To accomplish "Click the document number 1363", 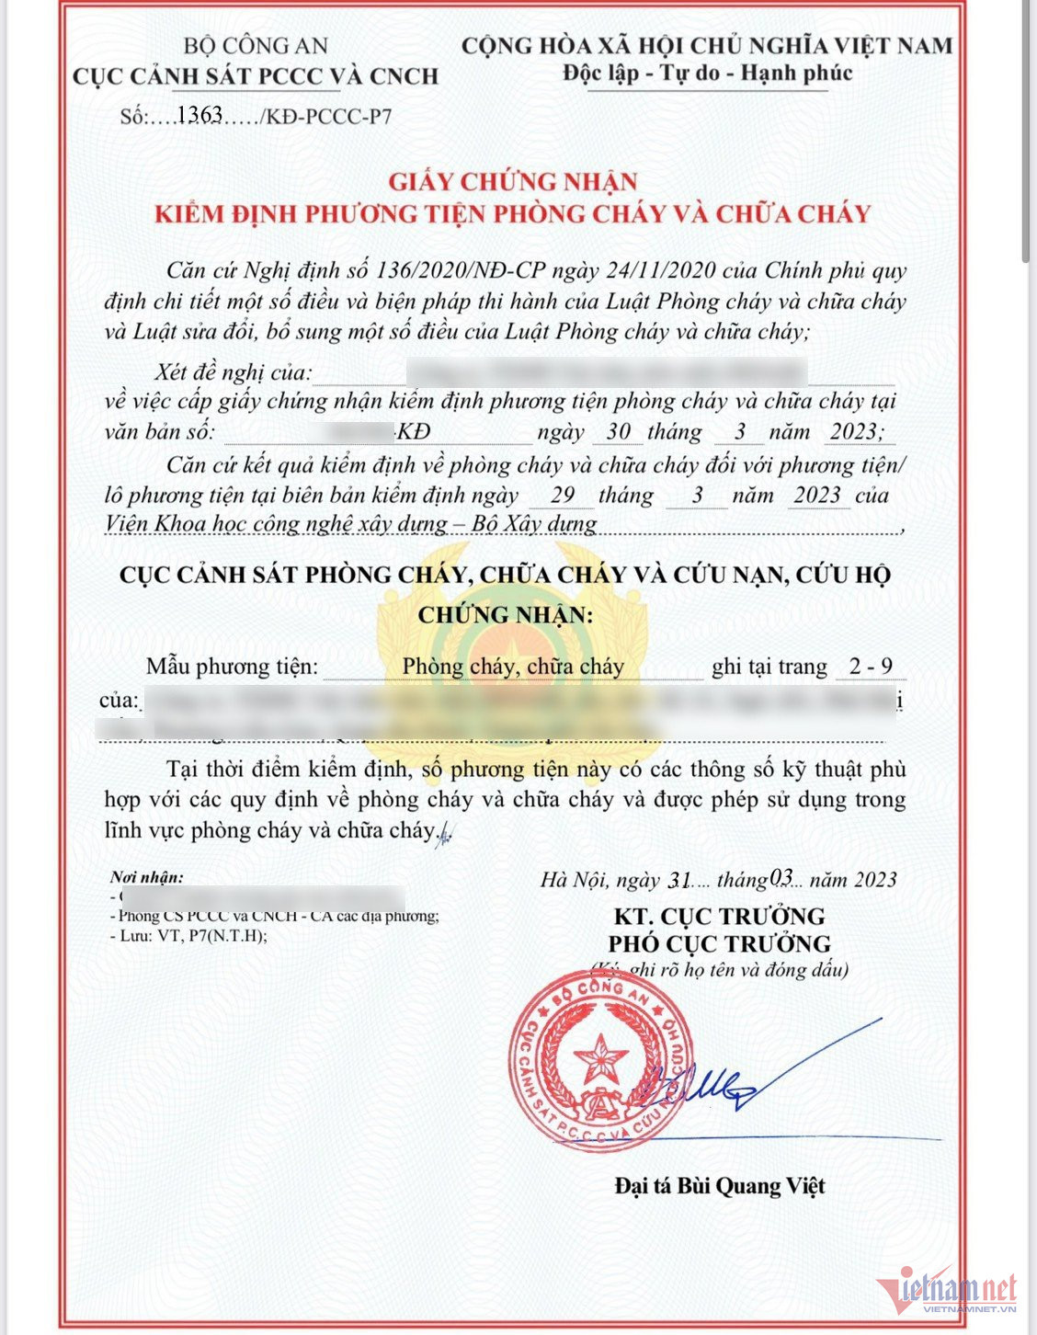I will tap(199, 115).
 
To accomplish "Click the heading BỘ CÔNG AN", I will tap(256, 46).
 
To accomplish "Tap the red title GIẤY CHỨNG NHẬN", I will tap(512, 181).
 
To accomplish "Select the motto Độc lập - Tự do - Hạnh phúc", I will tap(708, 74).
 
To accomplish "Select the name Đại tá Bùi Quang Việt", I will tap(719, 1186).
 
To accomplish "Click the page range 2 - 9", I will tap(870, 667).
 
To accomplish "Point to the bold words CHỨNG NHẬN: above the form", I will tap(506, 614).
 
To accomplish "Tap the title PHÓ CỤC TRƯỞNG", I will tap(719, 944).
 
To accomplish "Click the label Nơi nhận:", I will tap(146, 877).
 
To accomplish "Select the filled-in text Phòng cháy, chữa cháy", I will tap(513, 667).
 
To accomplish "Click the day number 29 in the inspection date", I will tap(563, 495).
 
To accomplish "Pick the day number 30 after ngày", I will tap(618, 432).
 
